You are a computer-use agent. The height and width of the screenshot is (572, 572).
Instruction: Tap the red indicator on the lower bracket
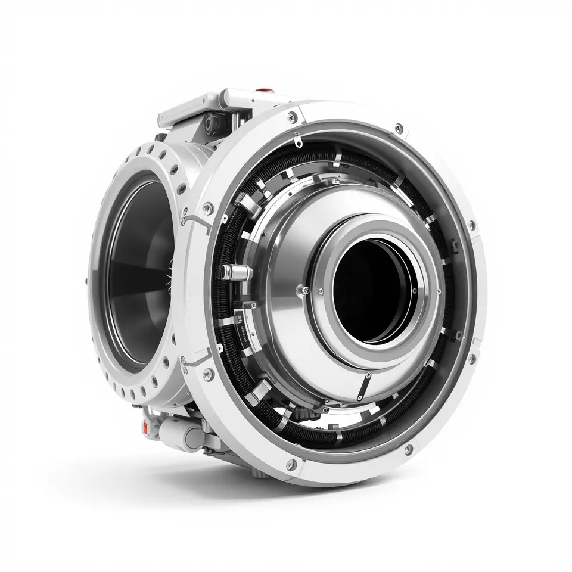(145, 427)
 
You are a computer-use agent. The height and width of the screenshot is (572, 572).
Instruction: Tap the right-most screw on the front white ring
(472, 226)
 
